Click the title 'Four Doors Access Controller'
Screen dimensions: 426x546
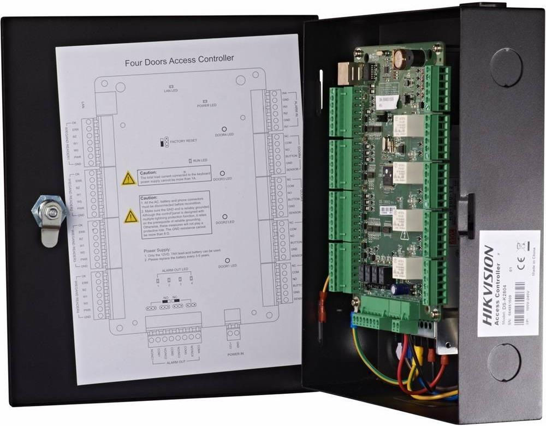click(179, 58)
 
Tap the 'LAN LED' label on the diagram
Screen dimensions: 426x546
click(171, 90)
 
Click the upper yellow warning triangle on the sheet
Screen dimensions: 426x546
click(129, 178)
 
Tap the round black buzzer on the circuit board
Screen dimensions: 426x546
click(405, 57)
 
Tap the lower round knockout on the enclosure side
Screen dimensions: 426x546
click(503, 363)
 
